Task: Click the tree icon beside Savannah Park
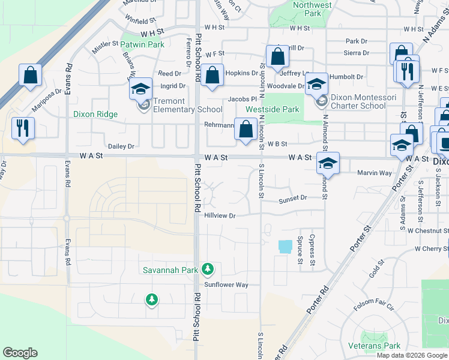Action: point(208,269)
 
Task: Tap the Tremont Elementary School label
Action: point(187,106)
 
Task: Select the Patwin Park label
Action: point(142,44)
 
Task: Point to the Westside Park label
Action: point(272,110)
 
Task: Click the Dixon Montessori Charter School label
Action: point(358,101)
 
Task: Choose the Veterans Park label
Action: point(381,346)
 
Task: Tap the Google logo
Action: point(20,353)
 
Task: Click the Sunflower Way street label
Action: point(226,285)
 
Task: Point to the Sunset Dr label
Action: point(293,197)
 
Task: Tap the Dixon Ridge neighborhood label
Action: point(95,114)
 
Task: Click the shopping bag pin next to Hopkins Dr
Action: point(212,76)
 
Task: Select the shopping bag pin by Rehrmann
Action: point(246,129)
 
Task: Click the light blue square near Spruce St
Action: point(286,246)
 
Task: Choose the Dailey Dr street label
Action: point(121,146)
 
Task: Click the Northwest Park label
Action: point(312,9)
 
